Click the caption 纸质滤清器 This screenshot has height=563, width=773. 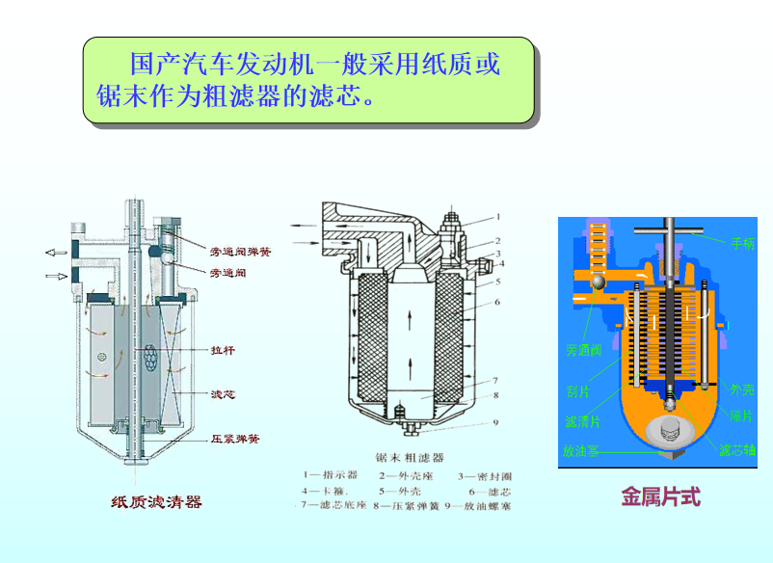157,501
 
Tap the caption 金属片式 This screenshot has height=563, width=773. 660,497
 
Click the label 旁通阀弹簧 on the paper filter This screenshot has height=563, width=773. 240,252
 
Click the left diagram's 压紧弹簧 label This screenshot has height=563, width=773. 235,439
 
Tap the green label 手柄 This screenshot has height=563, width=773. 742,244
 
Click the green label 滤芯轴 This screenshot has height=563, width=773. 737,450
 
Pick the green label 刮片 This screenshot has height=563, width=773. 578,392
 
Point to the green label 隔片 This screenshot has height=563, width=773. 741,416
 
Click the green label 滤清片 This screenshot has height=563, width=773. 581,422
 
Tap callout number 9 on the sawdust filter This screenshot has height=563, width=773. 496,422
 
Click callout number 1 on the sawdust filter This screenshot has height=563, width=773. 498,218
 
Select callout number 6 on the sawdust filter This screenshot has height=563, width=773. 497,303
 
